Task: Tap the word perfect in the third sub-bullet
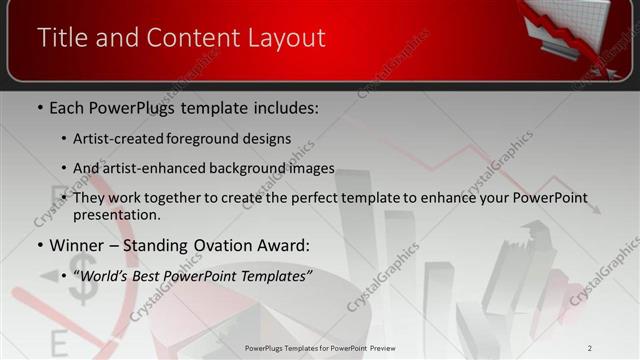click(x=300, y=197)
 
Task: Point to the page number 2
click(x=590, y=348)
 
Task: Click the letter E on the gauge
click(x=58, y=344)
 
